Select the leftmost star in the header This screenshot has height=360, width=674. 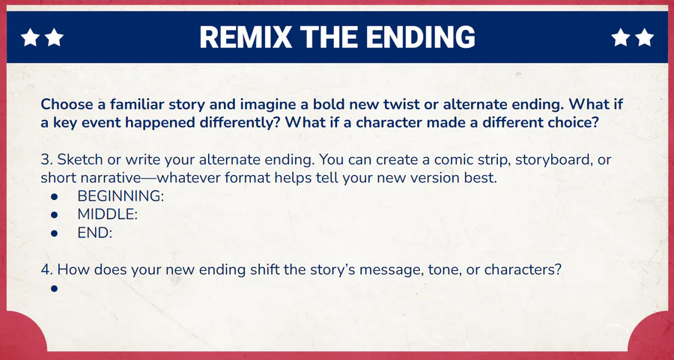pos(30,37)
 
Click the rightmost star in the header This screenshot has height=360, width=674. pos(644,37)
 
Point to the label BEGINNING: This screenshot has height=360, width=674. pos(121,196)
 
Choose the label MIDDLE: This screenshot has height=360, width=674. pos(107,214)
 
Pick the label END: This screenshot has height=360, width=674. pos(94,233)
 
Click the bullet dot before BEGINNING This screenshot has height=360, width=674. pos(54,197)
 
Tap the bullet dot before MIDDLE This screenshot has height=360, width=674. pos(54,215)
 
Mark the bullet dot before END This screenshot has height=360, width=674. pos(54,234)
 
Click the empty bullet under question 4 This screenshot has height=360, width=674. pos(54,289)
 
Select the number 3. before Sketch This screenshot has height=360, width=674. pos(47,160)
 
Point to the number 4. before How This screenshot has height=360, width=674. pos(47,269)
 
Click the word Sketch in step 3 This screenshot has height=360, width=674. pos(80,160)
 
